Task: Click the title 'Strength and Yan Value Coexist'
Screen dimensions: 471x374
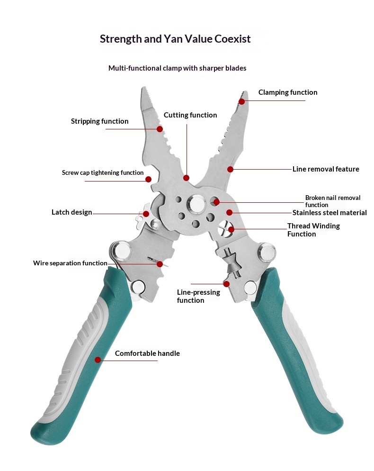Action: click(x=175, y=39)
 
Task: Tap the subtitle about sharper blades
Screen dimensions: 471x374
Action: click(x=177, y=68)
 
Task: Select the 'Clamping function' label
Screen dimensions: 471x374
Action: click(x=287, y=92)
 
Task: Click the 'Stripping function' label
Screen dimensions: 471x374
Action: click(x=99, y=121)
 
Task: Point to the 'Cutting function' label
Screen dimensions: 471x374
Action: click(x=190, y=115)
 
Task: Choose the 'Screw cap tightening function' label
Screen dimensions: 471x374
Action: click(x=103, y=173)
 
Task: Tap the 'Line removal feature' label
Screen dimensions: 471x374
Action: click(x=326, y=169)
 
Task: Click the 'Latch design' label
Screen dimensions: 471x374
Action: click(x=72, y=212)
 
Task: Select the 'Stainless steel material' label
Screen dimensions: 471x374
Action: click(x=329, y=213)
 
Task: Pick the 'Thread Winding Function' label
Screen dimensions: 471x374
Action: click(x=313, y=230)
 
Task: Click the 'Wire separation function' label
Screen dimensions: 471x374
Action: click(x=70, y=263)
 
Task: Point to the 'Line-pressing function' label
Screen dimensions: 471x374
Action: click(x=198, y=296)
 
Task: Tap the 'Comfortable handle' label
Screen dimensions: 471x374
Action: click(x=147, y=353)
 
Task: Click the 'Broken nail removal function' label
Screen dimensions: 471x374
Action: click(x=332, y=201)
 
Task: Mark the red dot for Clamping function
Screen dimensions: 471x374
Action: click(x=241, y=101)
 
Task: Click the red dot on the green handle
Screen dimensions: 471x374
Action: click(x=98, y=360)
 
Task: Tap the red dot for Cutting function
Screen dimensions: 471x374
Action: click(x=186, y=178)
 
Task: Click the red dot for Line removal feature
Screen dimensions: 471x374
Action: click(x=230, y=169)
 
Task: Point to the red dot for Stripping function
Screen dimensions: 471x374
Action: click(x=160, y=129)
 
